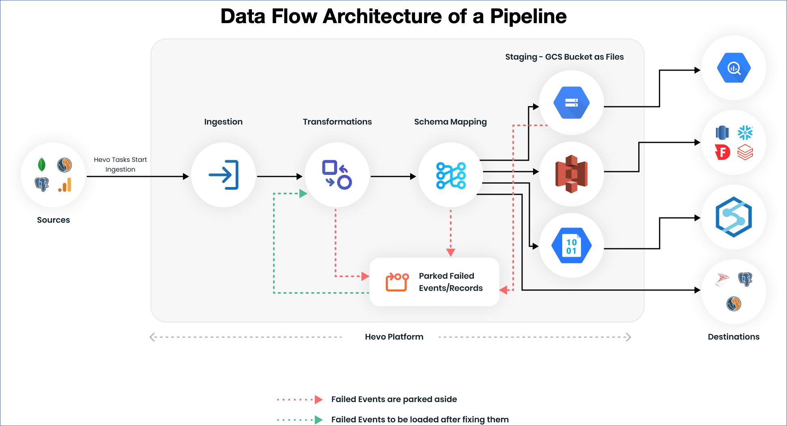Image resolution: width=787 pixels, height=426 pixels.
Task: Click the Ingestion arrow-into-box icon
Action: click(x=224, y=175)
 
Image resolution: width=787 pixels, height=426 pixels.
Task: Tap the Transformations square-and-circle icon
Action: click(x=337, y=175)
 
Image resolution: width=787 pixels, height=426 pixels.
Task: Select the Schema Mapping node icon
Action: click(x=451, y=175)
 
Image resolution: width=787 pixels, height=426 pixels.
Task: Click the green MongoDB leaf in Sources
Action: click(x=41, y=165)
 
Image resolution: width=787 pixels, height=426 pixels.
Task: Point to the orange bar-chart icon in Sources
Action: click(x=65, y=185)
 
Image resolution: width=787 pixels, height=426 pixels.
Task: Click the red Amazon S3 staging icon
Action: click(x=571, y=174)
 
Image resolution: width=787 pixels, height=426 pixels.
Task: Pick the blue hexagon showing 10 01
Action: click(x=571, y=245)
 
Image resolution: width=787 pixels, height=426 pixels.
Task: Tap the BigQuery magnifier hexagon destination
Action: click(x=733, y=68)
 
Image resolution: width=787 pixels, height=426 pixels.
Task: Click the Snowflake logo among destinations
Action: click(x=745, y=132)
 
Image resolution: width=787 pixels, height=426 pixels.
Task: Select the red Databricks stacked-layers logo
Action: click(x=745, y=153)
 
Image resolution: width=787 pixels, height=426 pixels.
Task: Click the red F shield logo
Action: click(x=722, y=153)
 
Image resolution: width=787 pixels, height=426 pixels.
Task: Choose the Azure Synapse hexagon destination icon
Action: click(x=733, y=217)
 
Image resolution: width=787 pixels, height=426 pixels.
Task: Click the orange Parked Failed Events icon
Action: click(x=397, y=282)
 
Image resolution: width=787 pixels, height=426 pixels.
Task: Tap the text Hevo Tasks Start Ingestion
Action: click(x=120, y=164)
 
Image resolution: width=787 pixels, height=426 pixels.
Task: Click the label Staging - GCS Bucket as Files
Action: click(x=564, y=57)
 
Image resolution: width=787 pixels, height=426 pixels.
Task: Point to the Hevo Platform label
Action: click(x=394, y=337)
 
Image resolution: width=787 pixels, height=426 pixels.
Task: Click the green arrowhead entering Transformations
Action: click(x=303, y=194)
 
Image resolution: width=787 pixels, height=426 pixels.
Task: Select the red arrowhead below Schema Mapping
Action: click(x=450, y=252)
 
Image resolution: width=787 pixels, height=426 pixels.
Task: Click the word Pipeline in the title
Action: click(x=528, y=17)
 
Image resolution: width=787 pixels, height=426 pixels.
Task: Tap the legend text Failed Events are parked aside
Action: click(x=394, y=399)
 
